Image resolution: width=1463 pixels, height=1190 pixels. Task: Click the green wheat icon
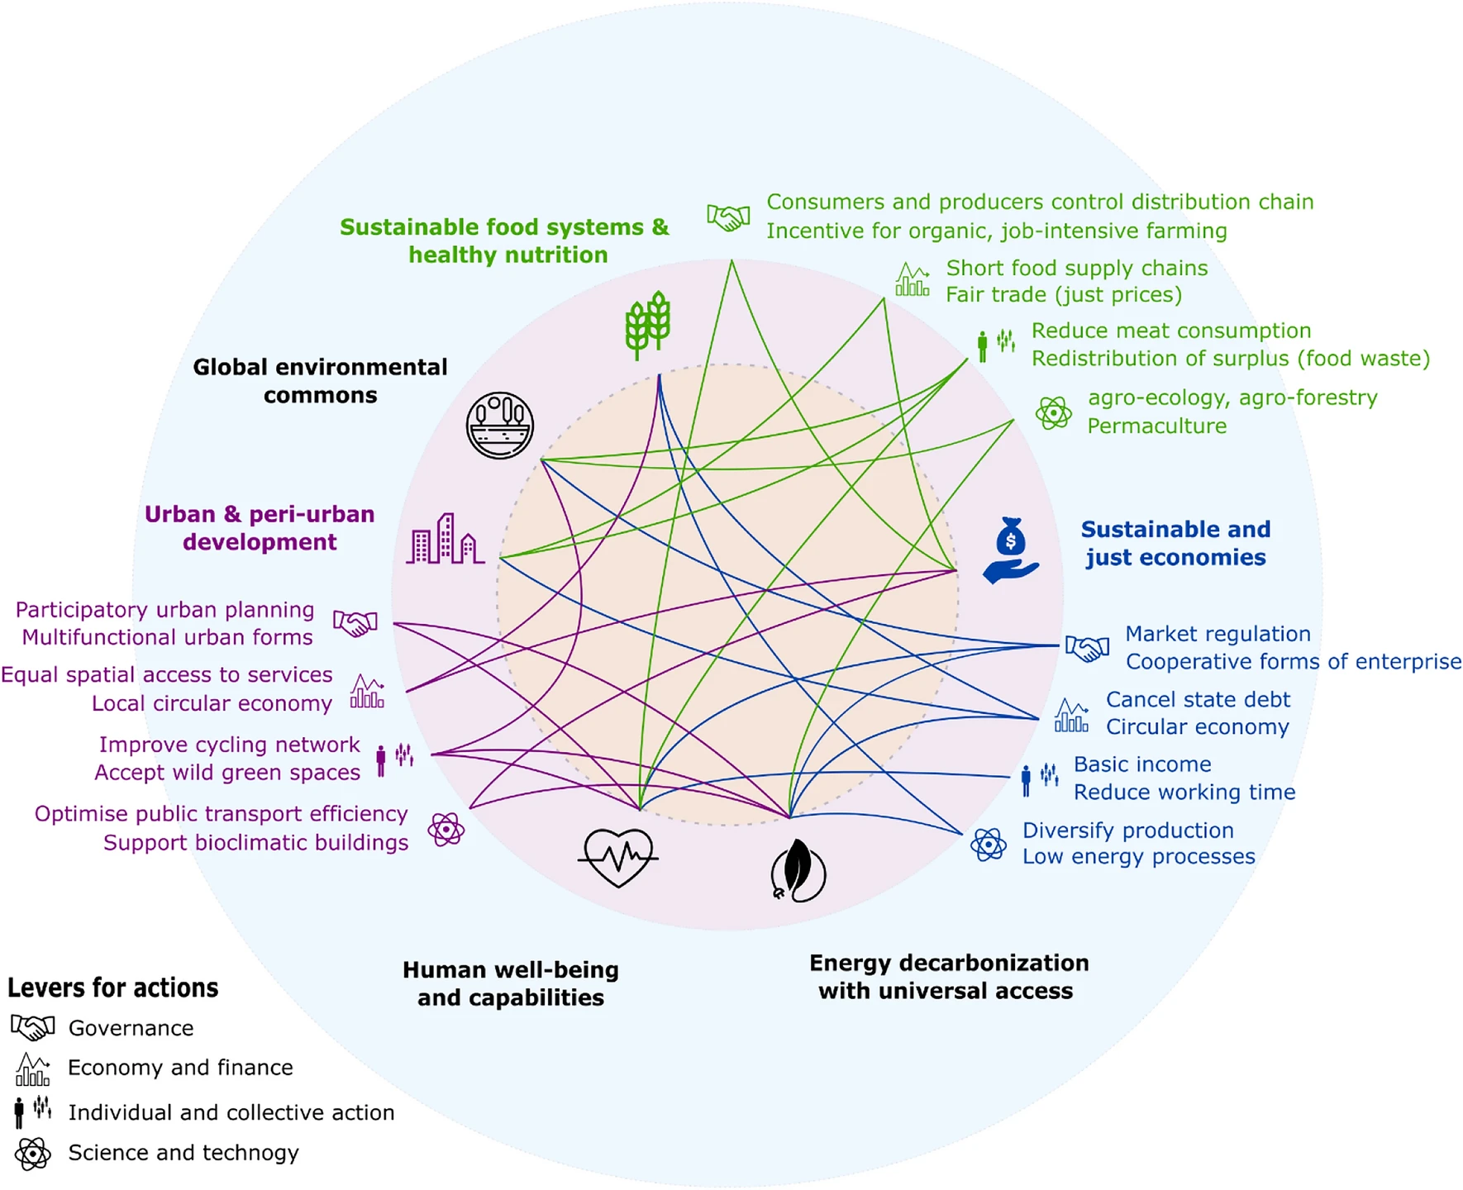647,324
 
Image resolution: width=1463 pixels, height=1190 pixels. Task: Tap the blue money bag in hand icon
1010,550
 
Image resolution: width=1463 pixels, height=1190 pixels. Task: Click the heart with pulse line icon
617,858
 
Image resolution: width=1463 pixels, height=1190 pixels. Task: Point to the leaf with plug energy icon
798,871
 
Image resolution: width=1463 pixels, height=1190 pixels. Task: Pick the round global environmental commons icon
499,426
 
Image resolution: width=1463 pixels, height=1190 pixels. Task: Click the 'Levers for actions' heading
113,988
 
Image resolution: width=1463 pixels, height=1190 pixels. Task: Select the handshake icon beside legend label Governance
33,1027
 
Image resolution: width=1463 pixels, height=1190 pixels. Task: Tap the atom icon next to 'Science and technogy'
33,1154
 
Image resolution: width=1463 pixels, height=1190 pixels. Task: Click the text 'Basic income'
1142,764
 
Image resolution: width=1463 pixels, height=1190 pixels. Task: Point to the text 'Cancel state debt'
1198,699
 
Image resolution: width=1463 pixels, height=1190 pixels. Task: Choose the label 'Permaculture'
1156,426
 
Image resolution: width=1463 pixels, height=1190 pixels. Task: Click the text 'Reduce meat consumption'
1171,331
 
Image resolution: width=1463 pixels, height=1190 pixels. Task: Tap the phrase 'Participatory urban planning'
164,610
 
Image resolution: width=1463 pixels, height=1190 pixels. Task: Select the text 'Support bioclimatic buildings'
255,842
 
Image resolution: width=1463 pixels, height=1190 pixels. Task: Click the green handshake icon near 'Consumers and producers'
728,217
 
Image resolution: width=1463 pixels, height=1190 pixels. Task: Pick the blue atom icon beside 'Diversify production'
989,845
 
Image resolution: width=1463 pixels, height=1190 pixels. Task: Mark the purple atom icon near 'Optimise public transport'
446,829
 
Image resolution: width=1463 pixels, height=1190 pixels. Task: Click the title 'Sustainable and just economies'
1175,543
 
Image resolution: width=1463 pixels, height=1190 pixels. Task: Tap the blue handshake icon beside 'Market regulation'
1087,648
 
